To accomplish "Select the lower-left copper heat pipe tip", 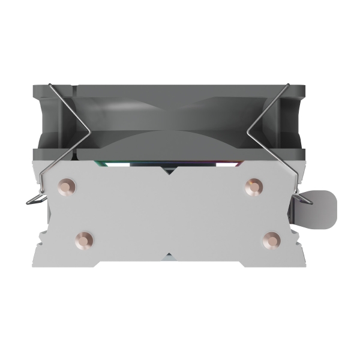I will pos(84,240).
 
